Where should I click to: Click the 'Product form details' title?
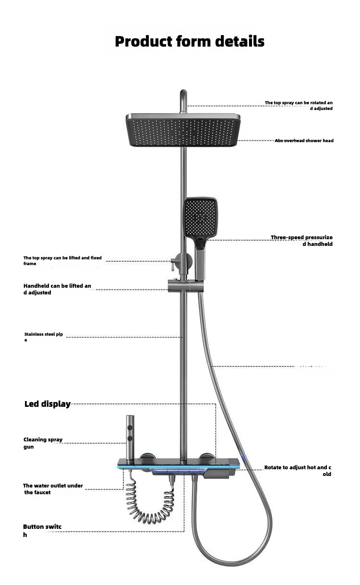[x=190, y=41]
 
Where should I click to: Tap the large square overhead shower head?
[x=183, y=129]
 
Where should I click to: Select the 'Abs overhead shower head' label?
[x=304, y=141]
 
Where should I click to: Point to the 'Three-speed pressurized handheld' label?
[x=301, y=241]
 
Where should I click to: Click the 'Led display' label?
[x=48, y=404]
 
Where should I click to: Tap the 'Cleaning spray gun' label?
[x=43, y=443]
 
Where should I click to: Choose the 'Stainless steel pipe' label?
[x=44, y=337]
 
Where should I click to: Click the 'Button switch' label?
[x=42, y=530]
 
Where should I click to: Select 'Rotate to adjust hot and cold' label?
[x=298, y=471]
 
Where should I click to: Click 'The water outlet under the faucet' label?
[x=53, y=489]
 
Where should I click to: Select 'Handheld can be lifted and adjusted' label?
[x=57, y=289]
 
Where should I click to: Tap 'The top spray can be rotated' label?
[x=299, y=105]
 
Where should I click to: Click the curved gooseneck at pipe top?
[x=183, y=98]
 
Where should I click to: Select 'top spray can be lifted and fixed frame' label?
[x=62, y=261]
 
